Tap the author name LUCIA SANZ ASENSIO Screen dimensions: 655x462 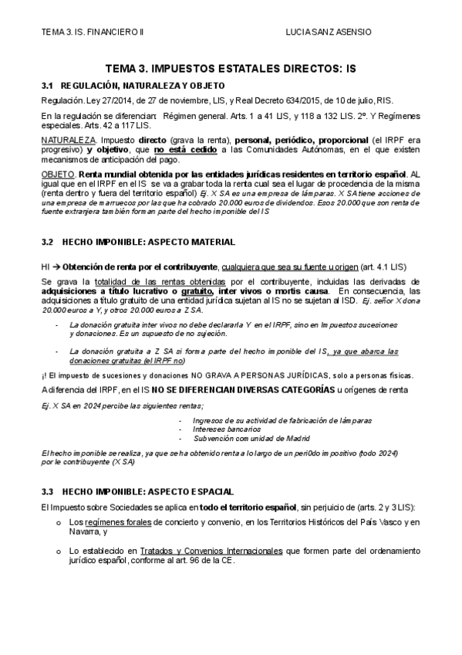(328, 32)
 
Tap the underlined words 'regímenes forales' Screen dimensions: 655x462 (109, 522)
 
